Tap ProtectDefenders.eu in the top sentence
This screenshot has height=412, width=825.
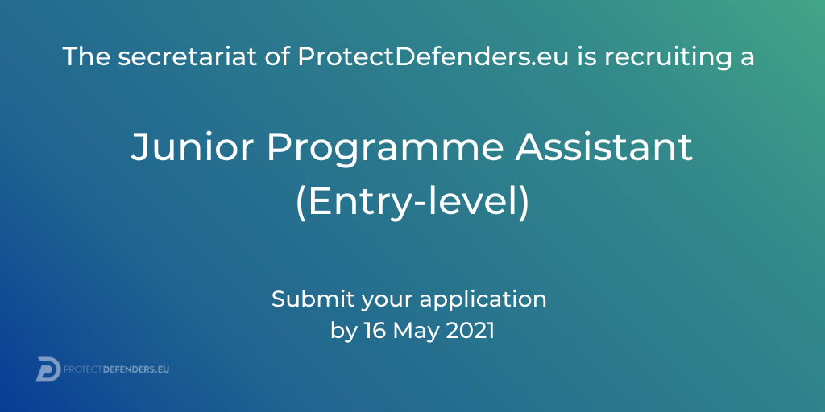pyautogui.click(x=433, y=57)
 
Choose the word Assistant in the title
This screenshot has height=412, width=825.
pyautogui.click(x=603, y=147)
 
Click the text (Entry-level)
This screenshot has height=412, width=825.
pyautogui.click(x=412, y=204)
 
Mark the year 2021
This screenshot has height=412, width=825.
pyautogui.click(x=471, y=331)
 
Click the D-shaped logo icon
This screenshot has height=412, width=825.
pyautogui.click(x=48, y=369)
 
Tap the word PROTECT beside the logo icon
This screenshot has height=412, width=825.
pyautogui.click(x=83, y=369)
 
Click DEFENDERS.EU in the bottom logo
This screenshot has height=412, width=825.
pyautogui.click(x=136, y=369)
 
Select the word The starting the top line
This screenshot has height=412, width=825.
pyautogui.click(x=87, y=57)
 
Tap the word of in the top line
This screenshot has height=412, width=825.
pyautogui.click(x=278, y=56)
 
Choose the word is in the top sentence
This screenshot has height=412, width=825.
pyautogui.click(x=587, y=57)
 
